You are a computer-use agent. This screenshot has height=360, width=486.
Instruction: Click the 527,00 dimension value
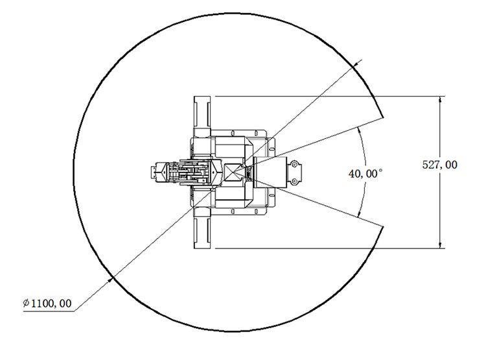point(439,165)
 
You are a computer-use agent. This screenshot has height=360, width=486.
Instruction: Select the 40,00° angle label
point(365,173)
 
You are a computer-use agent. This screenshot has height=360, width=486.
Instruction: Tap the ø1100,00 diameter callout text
point(47,303)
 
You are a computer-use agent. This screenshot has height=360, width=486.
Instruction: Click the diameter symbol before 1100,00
point(27,303)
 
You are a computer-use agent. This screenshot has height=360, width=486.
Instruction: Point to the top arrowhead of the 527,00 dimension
point(440,100)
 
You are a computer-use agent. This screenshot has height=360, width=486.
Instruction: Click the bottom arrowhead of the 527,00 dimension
point(440,245)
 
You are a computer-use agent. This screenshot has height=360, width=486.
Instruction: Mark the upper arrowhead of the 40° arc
point(360,130)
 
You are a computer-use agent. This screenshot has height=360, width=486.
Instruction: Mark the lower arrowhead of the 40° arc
point(360,213)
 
